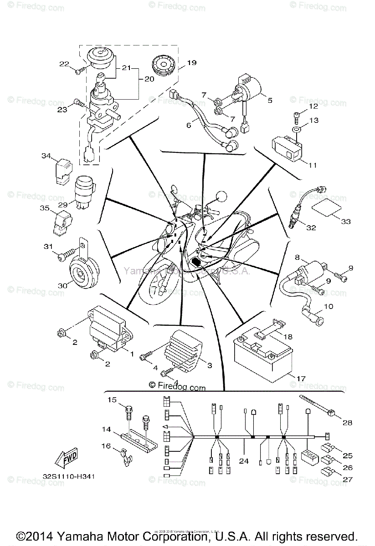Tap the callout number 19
click(191, 63)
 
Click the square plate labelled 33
click(328, 208)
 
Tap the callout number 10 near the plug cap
click(329, 307)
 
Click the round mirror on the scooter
click(222, 196)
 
